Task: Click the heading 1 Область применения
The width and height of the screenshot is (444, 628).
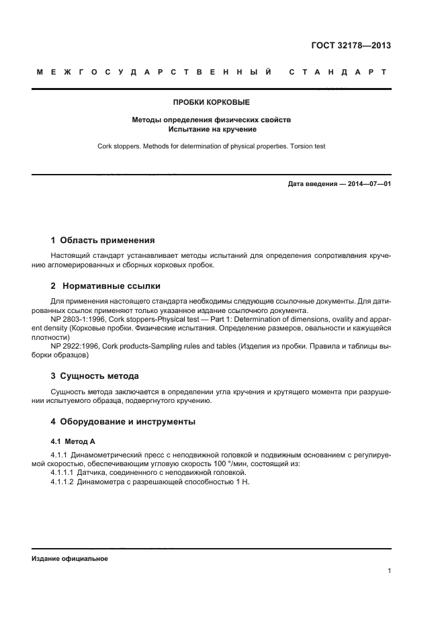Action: pos(103,240)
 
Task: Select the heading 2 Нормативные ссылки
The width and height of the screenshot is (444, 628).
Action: pos(105,285)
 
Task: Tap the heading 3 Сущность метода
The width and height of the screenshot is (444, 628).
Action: pos(95,375)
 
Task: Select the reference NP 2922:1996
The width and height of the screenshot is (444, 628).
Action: pos(75,345)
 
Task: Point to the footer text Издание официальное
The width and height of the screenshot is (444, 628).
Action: pos(69,559)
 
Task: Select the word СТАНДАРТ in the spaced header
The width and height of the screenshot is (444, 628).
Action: pos(338,72)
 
